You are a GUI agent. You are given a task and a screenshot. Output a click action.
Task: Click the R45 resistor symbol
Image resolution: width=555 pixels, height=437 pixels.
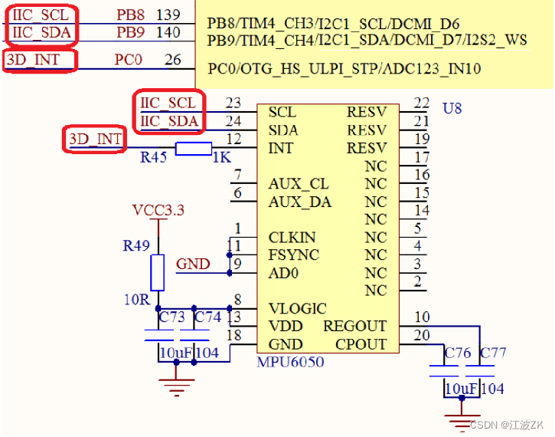point(194,148)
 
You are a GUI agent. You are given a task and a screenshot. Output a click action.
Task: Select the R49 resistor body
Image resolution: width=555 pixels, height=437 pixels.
point(157,273)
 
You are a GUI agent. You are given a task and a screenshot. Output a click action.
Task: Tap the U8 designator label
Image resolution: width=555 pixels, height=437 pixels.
point(452,108)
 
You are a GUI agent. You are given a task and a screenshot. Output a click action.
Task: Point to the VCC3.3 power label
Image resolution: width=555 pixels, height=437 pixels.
point(158,210)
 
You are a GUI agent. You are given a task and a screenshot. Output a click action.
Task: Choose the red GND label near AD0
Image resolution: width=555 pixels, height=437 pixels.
point(193,264)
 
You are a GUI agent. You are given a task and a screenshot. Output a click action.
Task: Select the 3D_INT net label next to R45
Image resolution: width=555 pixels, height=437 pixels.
point(95,140)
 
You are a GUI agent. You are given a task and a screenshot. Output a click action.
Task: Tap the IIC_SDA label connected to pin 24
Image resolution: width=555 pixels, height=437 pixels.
point(168,121)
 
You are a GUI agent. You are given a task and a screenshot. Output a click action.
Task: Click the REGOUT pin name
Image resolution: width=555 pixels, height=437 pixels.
point(355,327)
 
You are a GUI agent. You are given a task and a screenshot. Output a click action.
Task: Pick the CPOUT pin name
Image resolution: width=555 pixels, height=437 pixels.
point(361,344)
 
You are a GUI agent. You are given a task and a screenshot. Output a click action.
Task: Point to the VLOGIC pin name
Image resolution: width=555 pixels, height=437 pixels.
point(297,309)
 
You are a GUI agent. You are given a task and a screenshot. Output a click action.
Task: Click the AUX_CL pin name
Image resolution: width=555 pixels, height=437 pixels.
point(299,185)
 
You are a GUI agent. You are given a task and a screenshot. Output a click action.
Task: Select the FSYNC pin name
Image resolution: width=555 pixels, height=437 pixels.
point(294,255)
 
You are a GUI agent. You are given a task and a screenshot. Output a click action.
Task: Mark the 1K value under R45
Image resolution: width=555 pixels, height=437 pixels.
point(220,158)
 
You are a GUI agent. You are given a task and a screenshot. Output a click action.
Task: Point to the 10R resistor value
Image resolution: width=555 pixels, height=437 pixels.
point(137,300)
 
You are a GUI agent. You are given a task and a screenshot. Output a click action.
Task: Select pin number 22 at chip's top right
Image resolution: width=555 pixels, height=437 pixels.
point(421,103)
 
